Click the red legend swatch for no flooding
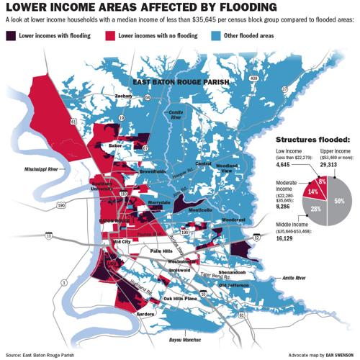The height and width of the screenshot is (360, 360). (112, 35)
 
